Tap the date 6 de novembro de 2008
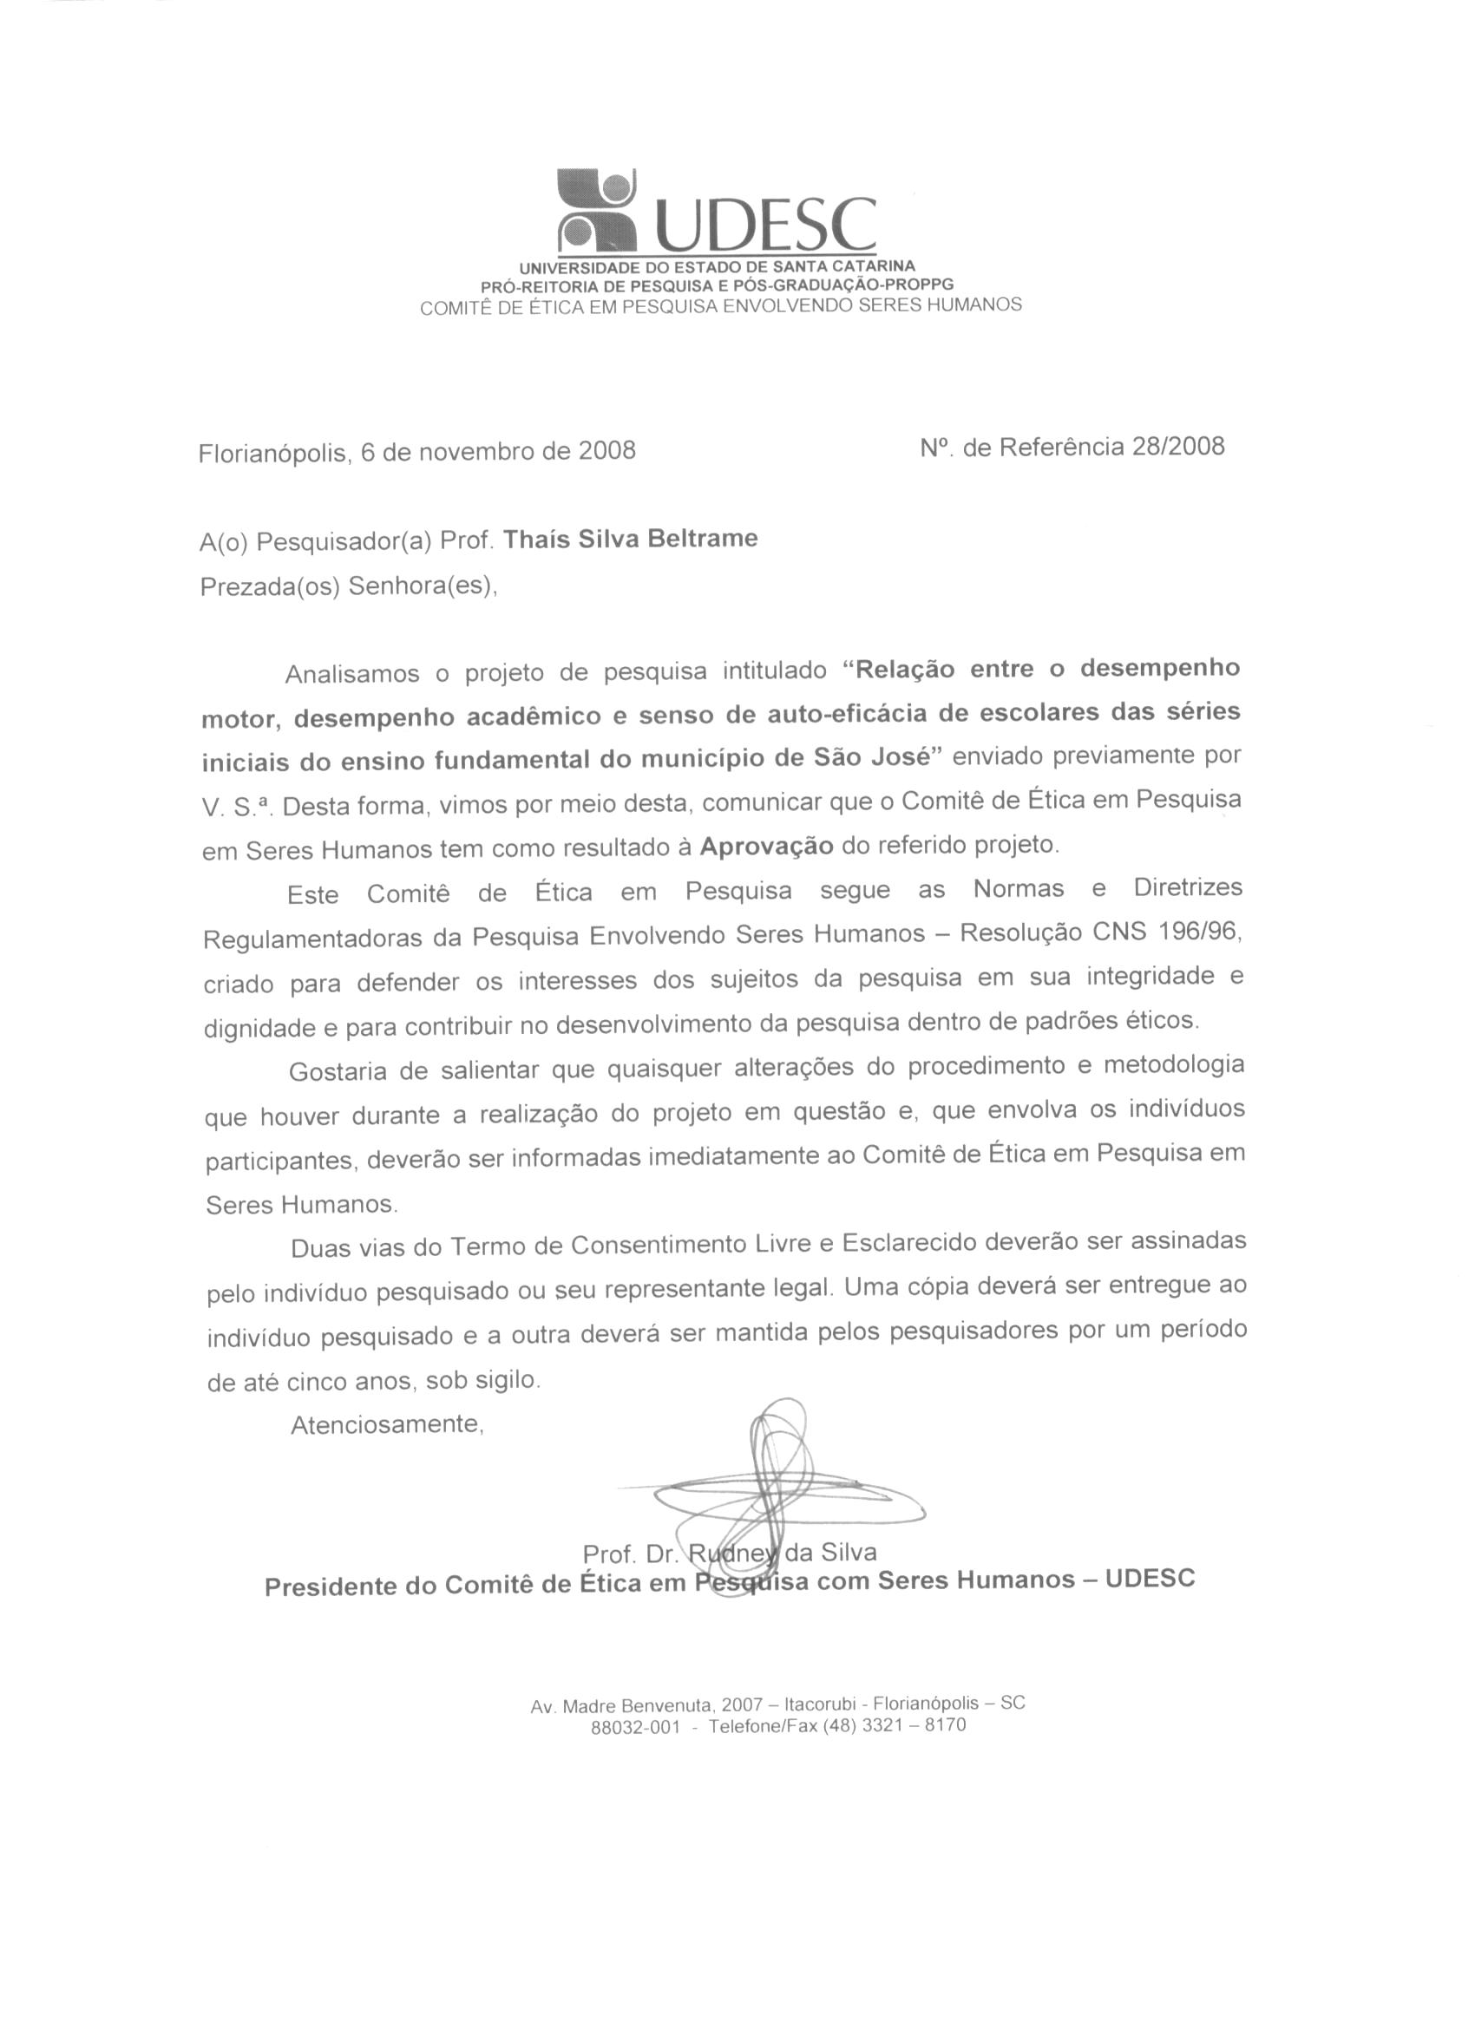497,451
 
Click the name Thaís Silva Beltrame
631,540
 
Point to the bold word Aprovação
767,846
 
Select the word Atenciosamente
386,1423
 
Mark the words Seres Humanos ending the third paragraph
299,1205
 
